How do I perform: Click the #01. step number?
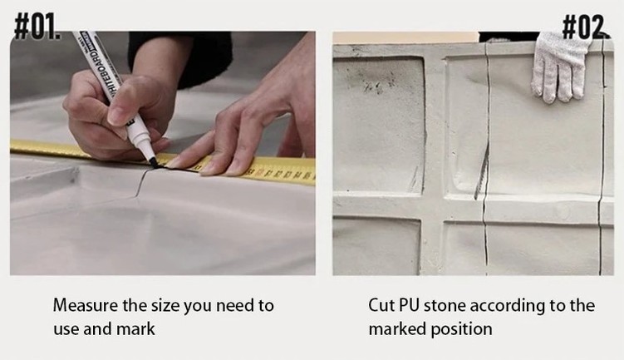point(38,27)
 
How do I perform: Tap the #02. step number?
point(586,27)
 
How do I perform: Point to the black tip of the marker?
point(153,162)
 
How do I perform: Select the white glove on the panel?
point(559,66)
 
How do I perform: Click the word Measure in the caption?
point(86,305)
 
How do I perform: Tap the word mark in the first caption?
point(135,329)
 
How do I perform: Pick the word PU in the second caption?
point(410,305)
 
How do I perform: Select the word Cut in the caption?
point(381,305)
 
